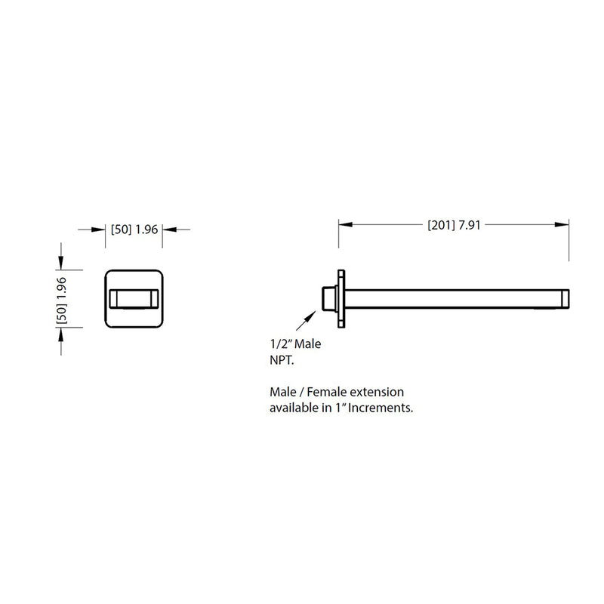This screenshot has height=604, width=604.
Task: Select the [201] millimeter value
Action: coord(442,224)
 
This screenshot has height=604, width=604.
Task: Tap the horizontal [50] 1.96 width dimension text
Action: coord(134,230)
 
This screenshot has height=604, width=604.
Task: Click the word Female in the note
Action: coord(322,393)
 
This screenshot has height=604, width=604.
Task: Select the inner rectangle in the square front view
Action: coord(134,299)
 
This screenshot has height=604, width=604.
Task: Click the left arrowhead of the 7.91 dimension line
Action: coord(344,224)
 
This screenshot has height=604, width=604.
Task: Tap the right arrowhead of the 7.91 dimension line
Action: coord(562,224)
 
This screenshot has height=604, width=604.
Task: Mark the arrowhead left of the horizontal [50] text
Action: coord(99,230)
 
